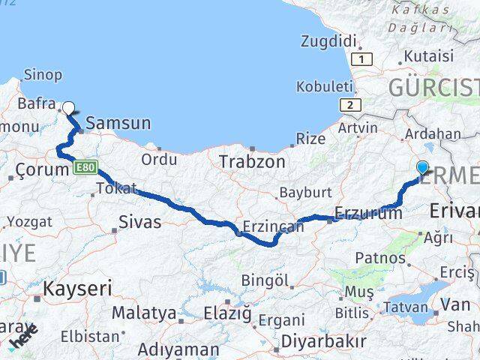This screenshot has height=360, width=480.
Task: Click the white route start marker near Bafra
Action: point(68,107)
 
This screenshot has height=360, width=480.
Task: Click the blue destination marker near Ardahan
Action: point(422,168)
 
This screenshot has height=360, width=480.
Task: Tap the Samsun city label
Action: point(118,123)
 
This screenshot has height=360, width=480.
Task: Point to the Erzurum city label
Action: point(368,214)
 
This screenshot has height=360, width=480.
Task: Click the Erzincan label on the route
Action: point(273,226)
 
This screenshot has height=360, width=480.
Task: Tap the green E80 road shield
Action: point(85,167)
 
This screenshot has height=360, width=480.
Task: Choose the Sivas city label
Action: point(139,221)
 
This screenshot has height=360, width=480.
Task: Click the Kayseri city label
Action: point(77,288)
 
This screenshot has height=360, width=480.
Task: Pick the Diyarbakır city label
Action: point(323,341)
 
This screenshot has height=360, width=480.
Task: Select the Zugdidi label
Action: point(327,40)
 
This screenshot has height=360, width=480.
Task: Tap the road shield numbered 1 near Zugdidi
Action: point(363,58)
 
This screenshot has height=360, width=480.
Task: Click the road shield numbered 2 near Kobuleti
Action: point(349,105)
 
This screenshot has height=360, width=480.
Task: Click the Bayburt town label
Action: point(300,193)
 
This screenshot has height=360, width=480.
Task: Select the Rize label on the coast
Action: point(310,139)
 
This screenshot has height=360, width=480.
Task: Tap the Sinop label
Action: point(43,74)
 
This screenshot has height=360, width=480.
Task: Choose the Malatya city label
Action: point(144,313)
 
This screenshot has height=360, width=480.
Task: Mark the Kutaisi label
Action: point(429,55)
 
